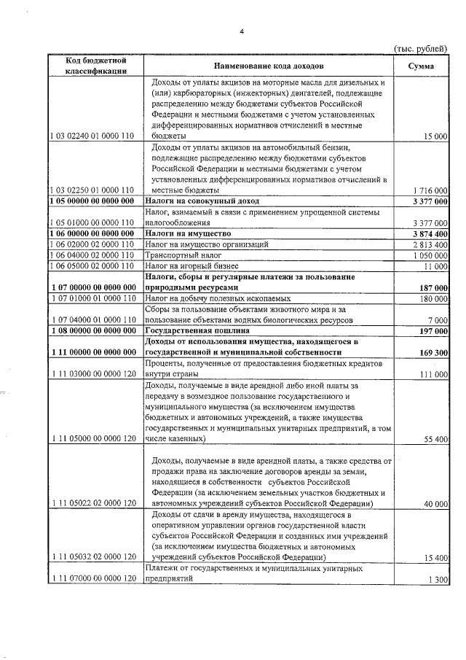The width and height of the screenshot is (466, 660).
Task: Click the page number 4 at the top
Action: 242,31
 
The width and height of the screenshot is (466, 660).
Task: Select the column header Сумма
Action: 422,66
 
